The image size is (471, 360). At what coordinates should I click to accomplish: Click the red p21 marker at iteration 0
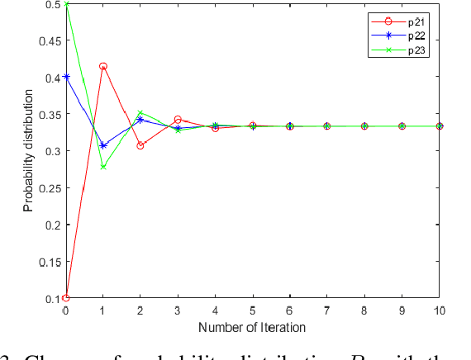pyautogui.click(x=66, y=298)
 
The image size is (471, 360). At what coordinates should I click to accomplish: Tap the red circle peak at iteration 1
pyautogui.click(x=103, y=66)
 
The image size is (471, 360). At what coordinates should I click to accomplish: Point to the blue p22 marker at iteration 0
pyautogui.click(x=66, y=77)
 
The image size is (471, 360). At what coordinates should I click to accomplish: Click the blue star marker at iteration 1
pyautogui.click(x=103, y=145)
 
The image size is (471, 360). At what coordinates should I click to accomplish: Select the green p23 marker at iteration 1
pyautogui.click(x=103, y=167)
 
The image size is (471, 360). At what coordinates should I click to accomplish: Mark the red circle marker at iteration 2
pyautogui.click(x=140, y=145)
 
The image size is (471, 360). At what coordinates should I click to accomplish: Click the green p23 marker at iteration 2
pyautogui.click(x=140, y=113)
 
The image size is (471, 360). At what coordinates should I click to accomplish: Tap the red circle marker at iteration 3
pyautogui.click(x=178, y=120)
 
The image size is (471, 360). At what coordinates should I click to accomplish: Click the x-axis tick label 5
pyautogui.click(x=253, y=310)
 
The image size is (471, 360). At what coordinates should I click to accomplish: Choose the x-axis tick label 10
pyautogui.click(x=440, y=310)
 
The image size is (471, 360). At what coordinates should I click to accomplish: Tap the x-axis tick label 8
pyautogui.click(x=364, y=310)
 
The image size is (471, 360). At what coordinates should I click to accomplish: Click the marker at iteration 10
pyautogui.click(x=440, y=126)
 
